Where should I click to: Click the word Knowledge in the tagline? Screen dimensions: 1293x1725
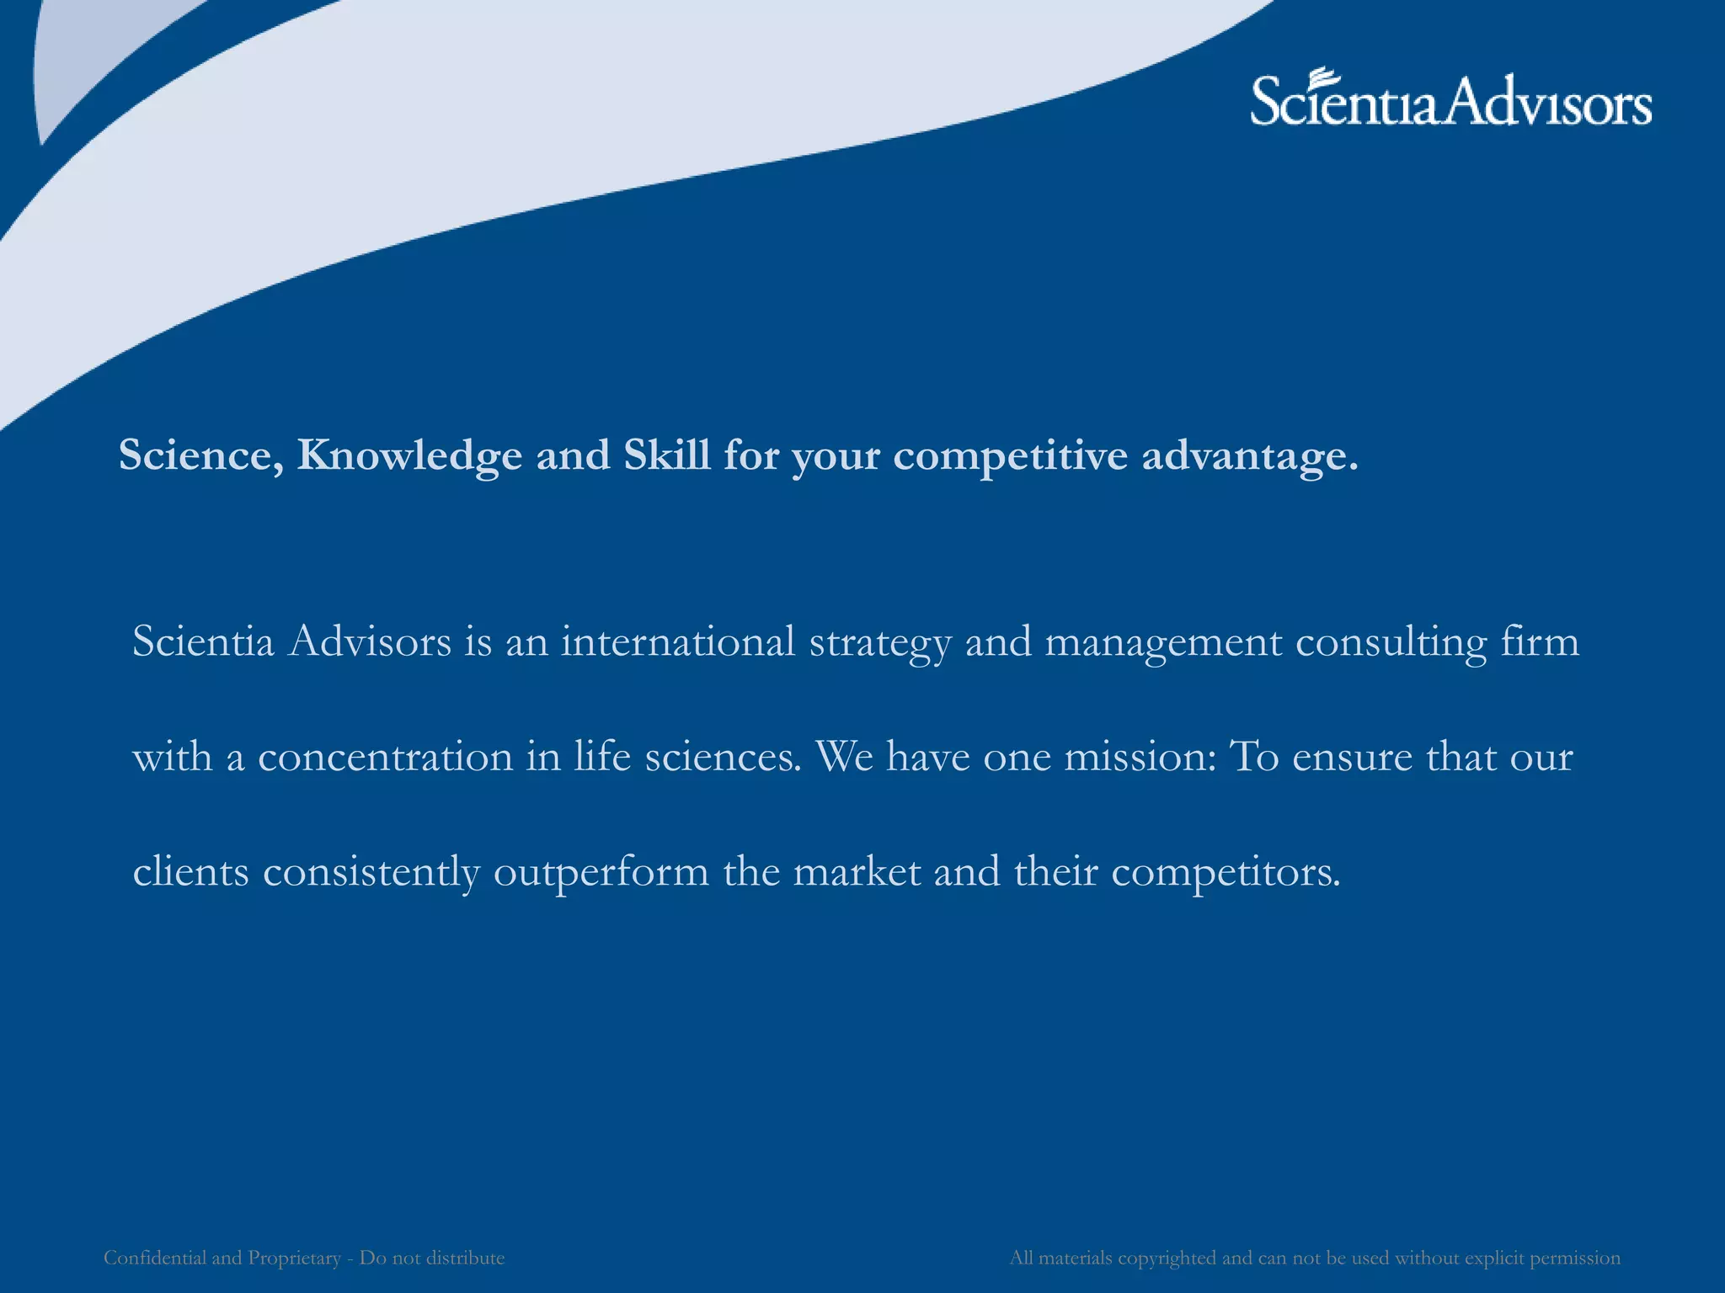click(409, 456)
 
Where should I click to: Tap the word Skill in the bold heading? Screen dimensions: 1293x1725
click(666, 455)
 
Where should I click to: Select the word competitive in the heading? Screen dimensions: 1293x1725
click(1010, 456)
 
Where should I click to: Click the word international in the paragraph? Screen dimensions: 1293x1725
click(678, 641)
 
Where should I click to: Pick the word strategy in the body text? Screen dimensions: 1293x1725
click(880, 643)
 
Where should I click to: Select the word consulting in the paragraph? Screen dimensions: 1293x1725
click(1391, 643)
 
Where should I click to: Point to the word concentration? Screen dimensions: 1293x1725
click(385, 757)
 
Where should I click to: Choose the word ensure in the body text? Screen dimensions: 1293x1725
click(1352, 757)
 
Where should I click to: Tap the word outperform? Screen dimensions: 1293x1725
click(601, 872)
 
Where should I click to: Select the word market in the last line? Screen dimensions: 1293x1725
click(857, 871)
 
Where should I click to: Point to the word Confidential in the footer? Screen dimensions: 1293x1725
click(154, 1258)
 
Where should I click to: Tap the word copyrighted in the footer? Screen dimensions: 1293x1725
click(1167, 1258)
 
